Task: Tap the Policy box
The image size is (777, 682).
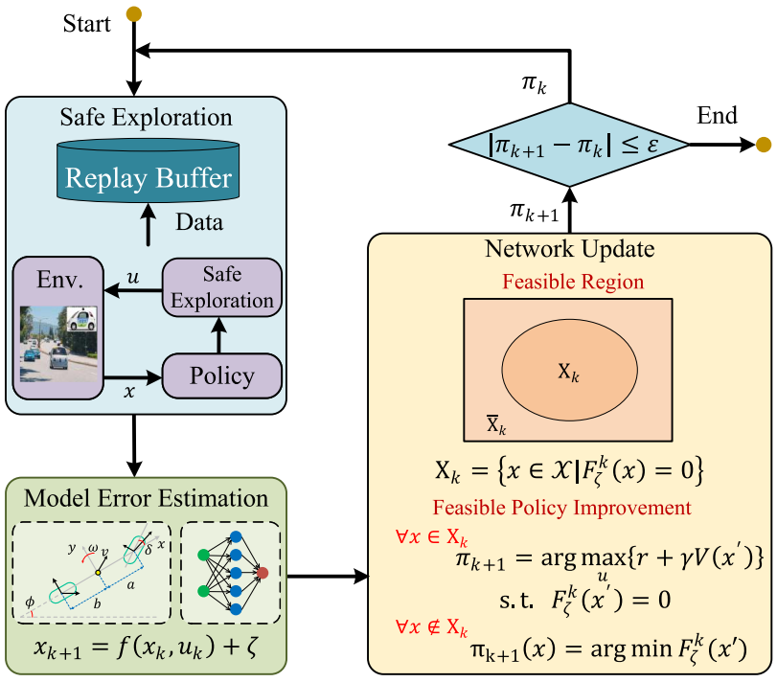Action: click(222, 375)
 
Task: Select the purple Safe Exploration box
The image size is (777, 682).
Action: click(222, 287)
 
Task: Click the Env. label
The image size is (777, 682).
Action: click(56, 281)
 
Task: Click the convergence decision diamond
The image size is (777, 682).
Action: click(569, 146)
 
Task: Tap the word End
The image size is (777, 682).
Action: click(718, 117)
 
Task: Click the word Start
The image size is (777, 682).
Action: click(87, 23)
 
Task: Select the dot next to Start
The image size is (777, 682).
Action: click(134, 14)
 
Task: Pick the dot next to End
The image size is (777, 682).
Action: click(763, 145)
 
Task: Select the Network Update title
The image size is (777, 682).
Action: click(569, 249)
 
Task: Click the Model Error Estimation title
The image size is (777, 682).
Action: click(146, 498)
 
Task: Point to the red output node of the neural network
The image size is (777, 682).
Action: click(263, 573)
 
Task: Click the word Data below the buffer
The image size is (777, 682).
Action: click(199, 222)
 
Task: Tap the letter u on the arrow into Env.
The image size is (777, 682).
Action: click(132, 276)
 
